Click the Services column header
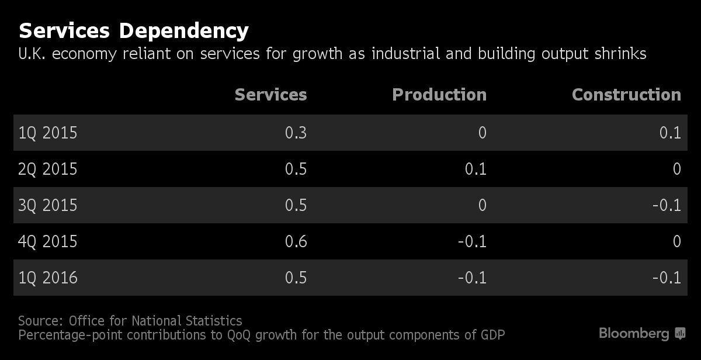tap(270, 95)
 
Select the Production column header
tap(439, 95)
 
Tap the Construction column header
tap(626, 95)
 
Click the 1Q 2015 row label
tap(48, 133)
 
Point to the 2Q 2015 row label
tap(48, 169)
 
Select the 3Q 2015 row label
tap(48, 205)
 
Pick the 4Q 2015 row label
tap(48, 241)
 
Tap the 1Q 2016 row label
tap(48, 278)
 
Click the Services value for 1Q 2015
tap(296, 133)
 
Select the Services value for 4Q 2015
tap(296, 241)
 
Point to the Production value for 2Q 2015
tap(476, 169)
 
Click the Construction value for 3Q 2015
tap(667, 205)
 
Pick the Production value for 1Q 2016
tap(472, 278)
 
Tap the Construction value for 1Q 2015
tap(670, 133)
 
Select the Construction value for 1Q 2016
tap(667, 278)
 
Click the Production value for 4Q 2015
tap(472, 241)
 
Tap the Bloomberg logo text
tap(634, 334)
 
